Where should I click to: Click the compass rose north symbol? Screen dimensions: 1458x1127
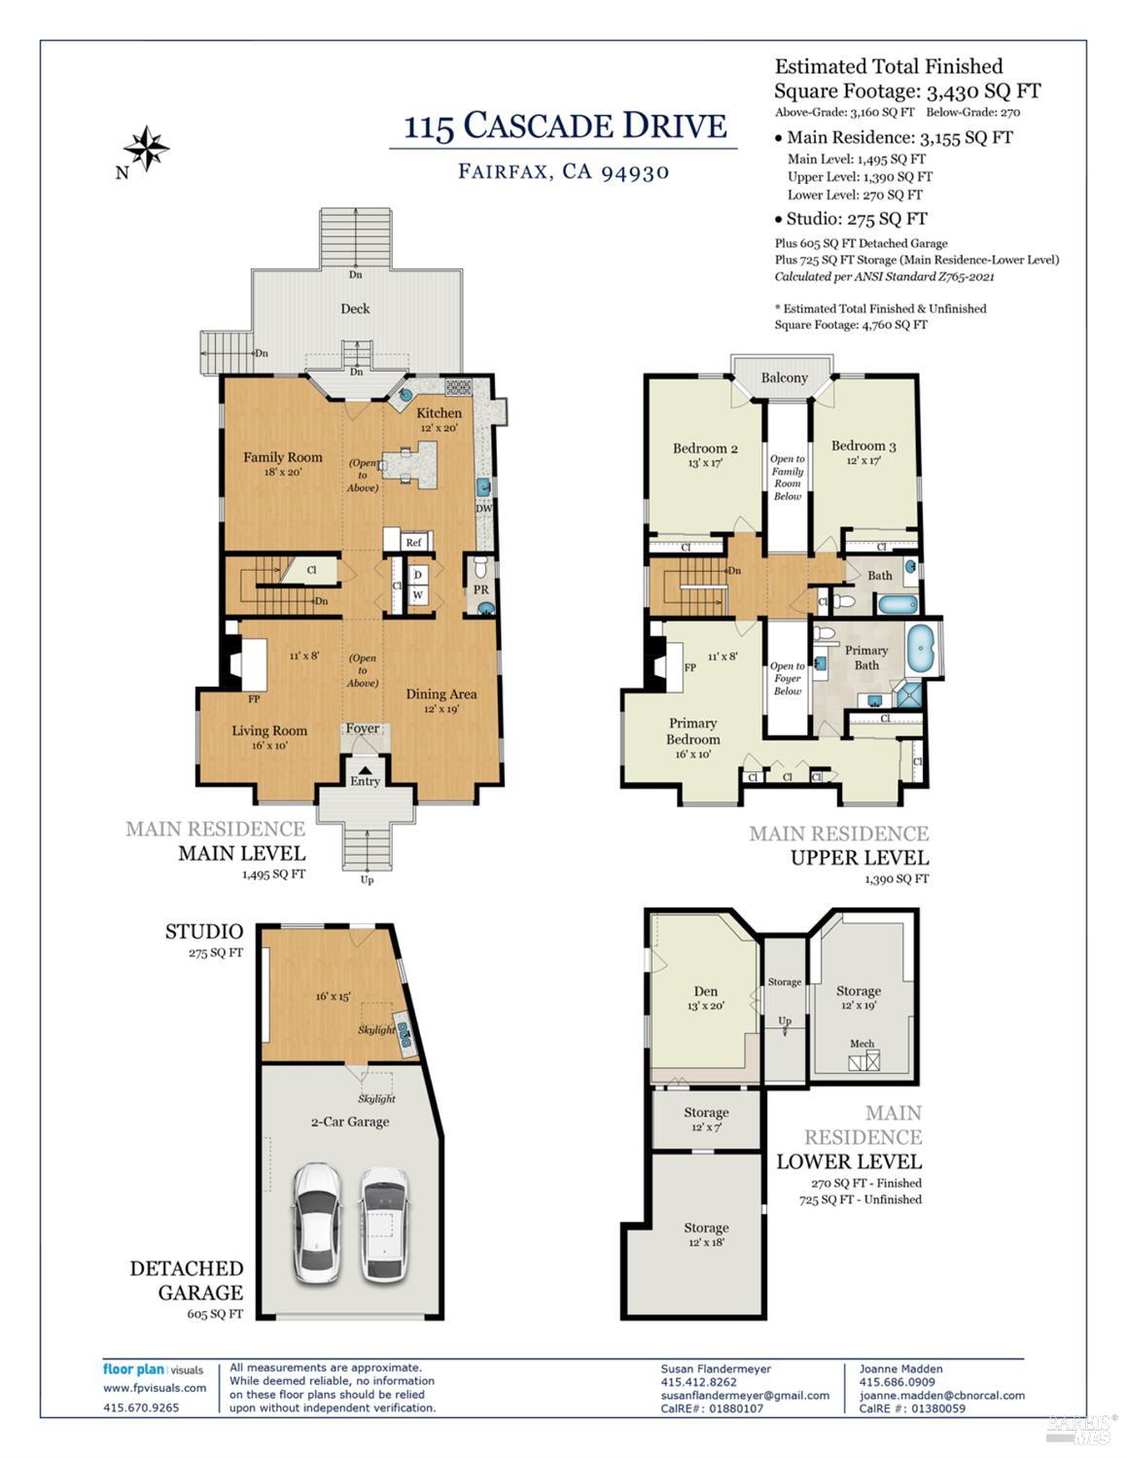[147, 149]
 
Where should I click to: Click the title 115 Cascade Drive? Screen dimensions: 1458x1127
[564, 126]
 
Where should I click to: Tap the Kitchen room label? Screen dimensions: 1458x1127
[439, 413]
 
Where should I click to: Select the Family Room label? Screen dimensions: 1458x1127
[282, 457]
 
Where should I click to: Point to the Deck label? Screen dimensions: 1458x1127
[355, 308]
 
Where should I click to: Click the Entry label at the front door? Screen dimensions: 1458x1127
[365, 781]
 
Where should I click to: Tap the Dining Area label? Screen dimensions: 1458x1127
[440, 693]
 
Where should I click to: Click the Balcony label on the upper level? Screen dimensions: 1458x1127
[784, 377]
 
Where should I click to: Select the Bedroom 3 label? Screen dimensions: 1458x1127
[863, 446]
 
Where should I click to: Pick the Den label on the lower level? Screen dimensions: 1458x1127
[705, 991]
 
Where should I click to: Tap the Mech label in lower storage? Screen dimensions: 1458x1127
[862, 1044]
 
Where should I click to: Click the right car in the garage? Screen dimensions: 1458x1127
[383, 1222]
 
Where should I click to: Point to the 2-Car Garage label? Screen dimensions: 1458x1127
[349, 1121]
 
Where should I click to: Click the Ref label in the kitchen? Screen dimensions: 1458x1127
[413, 543]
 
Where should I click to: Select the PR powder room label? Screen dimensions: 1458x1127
[480, 589]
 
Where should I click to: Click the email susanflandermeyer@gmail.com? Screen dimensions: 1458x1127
[745, 1395]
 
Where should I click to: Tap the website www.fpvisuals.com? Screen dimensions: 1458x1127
[155, 1388]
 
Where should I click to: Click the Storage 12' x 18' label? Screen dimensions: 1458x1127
[705, 1228]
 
